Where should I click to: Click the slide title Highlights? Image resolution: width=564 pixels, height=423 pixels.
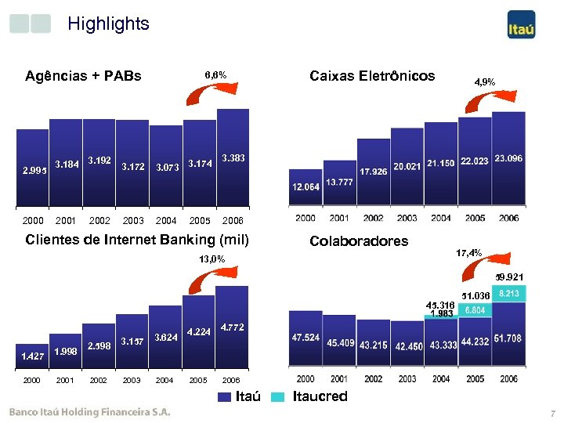(108, 24)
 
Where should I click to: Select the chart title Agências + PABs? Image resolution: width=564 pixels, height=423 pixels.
(83, 76)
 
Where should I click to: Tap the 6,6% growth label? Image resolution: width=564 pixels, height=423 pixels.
(215, 75)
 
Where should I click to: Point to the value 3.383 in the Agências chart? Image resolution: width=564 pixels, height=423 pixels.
(233, 158)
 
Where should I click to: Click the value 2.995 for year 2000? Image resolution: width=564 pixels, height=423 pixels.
(34, 170)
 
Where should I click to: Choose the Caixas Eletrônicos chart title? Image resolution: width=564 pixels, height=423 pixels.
(372, 76)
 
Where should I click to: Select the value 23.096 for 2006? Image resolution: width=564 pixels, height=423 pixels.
(508, 159)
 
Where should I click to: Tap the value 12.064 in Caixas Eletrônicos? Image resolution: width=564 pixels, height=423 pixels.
(305, 188)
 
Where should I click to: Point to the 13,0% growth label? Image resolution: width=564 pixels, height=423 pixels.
(211, 258)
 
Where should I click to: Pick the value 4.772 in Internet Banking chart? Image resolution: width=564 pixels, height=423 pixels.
(233, 326)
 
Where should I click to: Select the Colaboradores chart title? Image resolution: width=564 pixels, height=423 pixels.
(359, 241)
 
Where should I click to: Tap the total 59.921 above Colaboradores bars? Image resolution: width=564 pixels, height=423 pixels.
(508, 277)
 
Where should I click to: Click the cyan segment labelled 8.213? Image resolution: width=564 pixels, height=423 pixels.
(508, 293)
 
